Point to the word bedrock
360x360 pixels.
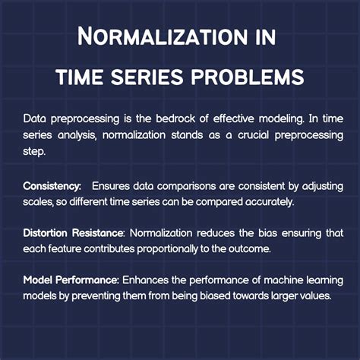point(180,118)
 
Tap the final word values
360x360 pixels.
point(312,295)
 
